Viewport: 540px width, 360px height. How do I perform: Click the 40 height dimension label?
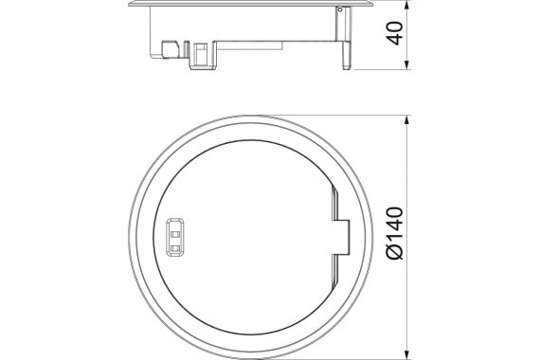[395, 33]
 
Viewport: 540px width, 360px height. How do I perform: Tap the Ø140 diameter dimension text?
[395, 233]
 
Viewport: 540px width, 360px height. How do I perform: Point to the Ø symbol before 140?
[395, 252]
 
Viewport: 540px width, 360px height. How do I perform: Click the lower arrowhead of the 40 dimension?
[407, 64]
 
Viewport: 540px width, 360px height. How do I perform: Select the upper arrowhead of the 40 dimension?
[407, 5]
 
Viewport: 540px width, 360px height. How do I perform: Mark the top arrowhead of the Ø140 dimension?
[407, 121]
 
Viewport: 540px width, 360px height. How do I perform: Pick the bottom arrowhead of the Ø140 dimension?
[407, 354]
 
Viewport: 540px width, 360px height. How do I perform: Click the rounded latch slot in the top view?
[175, 238]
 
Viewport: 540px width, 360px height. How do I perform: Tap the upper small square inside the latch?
[175, 235]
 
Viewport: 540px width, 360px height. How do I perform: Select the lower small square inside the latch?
[175, 247]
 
